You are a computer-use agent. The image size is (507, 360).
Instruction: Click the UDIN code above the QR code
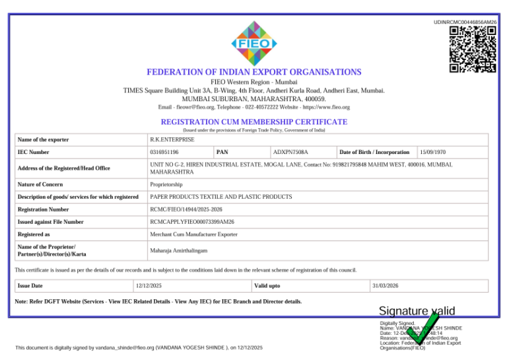coord(465,22)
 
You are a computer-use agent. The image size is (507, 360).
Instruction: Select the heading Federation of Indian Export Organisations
coord(253,71)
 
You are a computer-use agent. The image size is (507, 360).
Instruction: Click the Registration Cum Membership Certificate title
coord(253,122)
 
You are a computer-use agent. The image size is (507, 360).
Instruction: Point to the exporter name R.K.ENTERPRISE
coord(172,139)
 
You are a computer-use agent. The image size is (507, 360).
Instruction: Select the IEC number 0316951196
coord(164,152)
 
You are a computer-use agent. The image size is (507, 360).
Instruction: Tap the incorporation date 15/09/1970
coord(432,152)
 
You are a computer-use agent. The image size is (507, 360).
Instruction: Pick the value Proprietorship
coord(166,184)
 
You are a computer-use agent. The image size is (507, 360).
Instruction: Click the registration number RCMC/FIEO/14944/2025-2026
coord(187,209)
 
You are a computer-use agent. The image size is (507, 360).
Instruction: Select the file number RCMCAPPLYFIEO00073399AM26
coord(192,222)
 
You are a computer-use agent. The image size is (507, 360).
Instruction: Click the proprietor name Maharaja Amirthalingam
coord(179,251)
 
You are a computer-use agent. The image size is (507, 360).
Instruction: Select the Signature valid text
coord(417,311)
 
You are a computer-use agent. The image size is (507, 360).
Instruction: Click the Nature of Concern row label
coord(40,184)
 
